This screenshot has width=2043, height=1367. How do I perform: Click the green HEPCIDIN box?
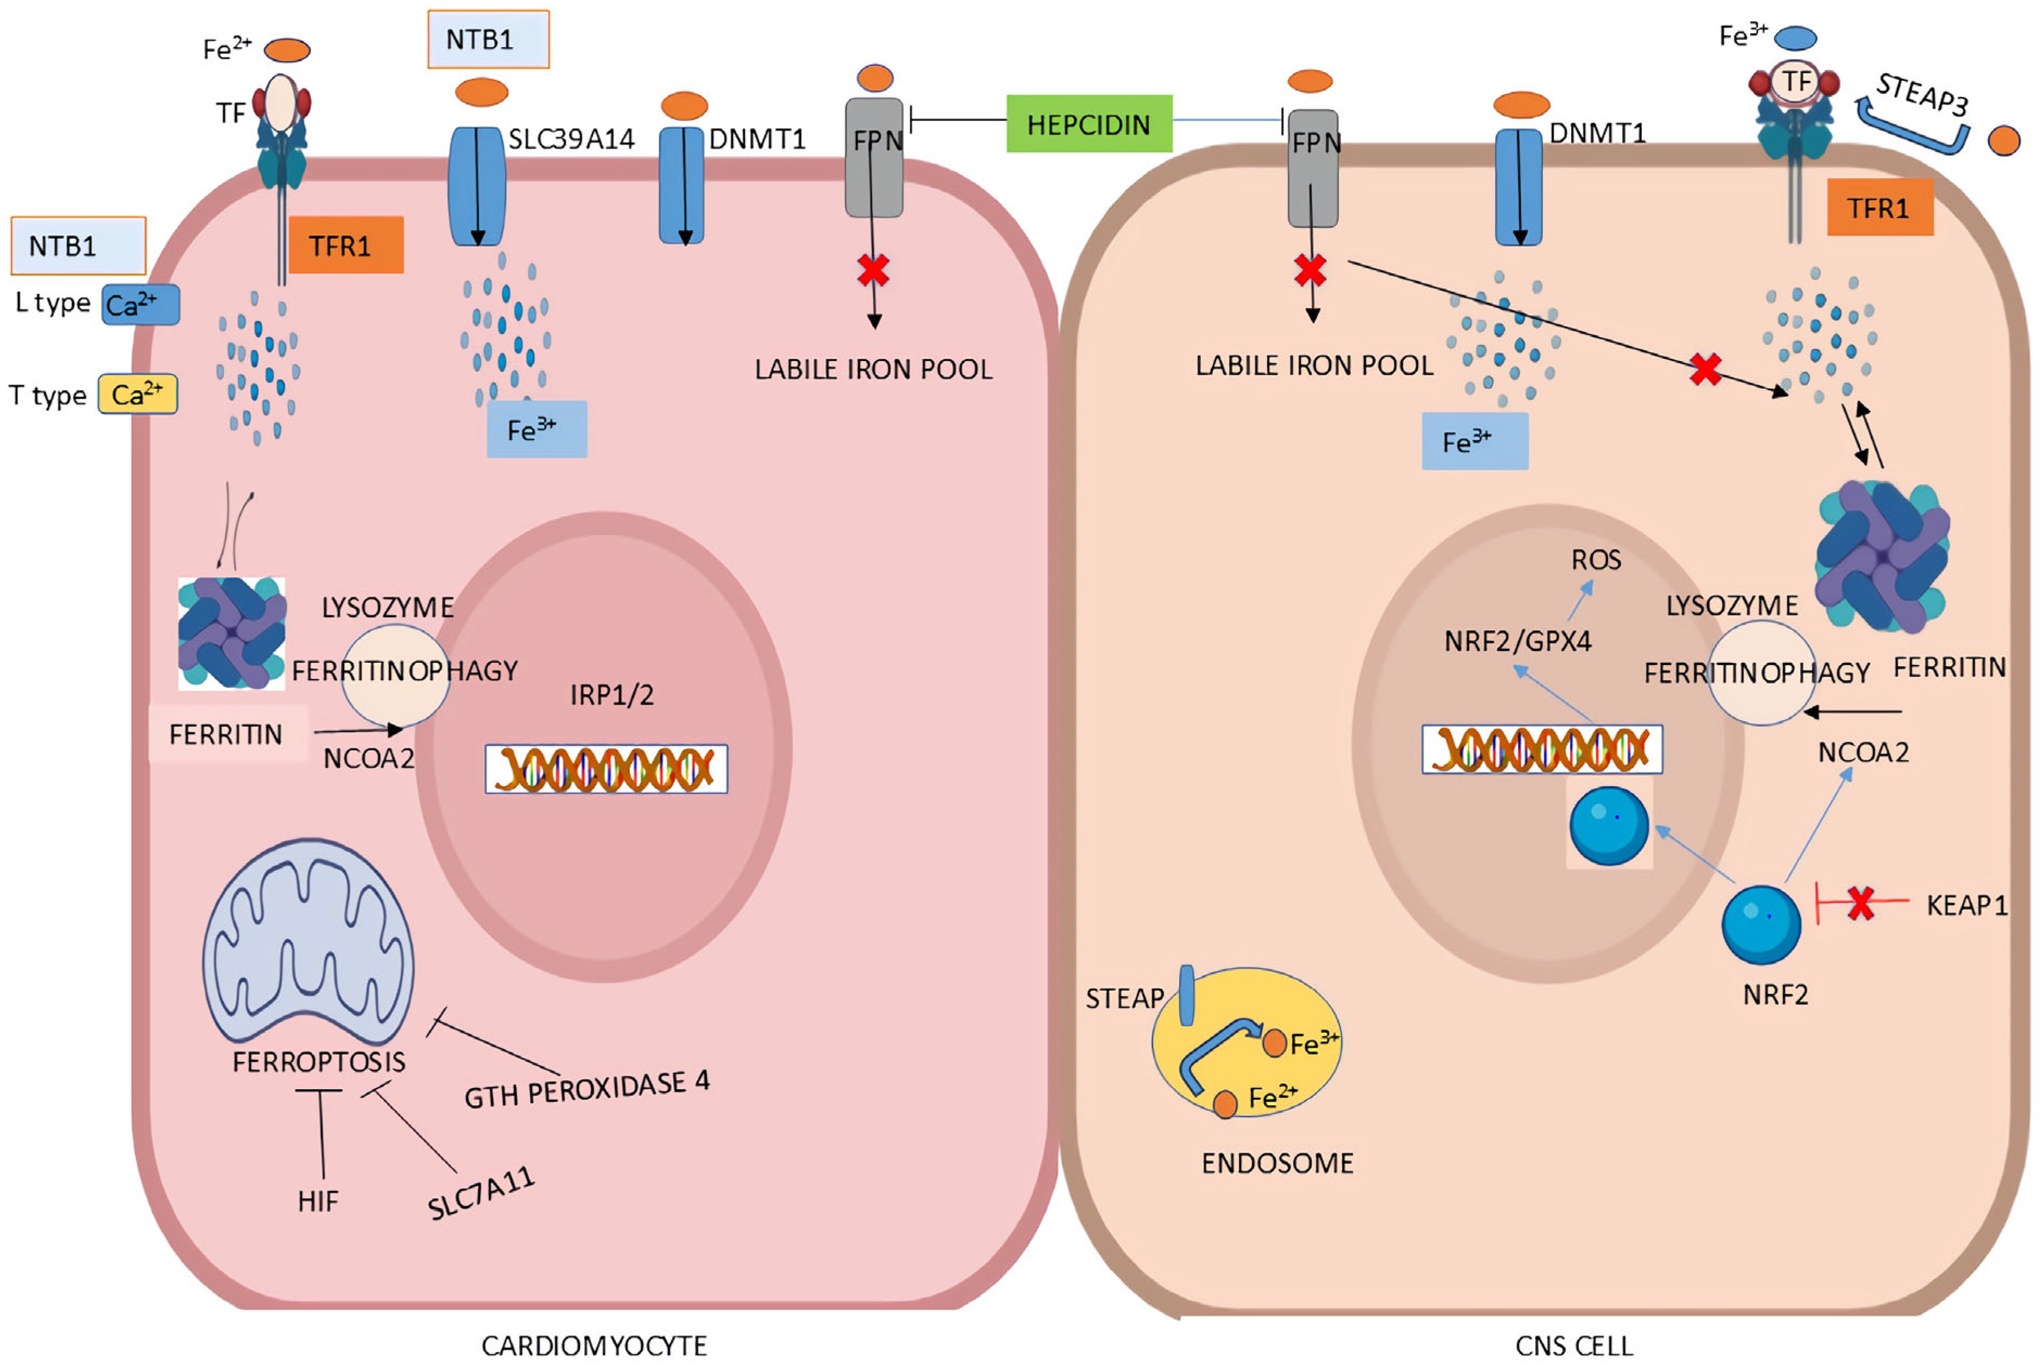click(1089, 124)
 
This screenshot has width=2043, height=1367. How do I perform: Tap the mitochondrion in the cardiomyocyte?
click(308, 941)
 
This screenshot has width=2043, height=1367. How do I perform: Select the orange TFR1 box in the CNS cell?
click(1879, 207)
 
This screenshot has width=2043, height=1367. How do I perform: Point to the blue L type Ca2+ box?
click(140, 304)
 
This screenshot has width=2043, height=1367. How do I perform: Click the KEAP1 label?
click(1966, 905)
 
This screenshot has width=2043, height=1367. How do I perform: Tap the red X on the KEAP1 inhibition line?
click(1861, 903)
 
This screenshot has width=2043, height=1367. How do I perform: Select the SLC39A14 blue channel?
click(477, 185)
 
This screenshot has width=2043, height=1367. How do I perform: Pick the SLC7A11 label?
click(481, 1193)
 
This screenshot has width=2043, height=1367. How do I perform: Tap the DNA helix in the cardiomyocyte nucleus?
click(606, 768)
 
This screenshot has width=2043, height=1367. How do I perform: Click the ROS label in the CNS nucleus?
click(1595, 560)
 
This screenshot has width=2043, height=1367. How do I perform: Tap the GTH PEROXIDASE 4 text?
click(586, 1088)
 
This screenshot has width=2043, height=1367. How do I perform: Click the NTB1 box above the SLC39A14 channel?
click(488, 39)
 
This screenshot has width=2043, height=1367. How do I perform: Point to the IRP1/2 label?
click(611, 695)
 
